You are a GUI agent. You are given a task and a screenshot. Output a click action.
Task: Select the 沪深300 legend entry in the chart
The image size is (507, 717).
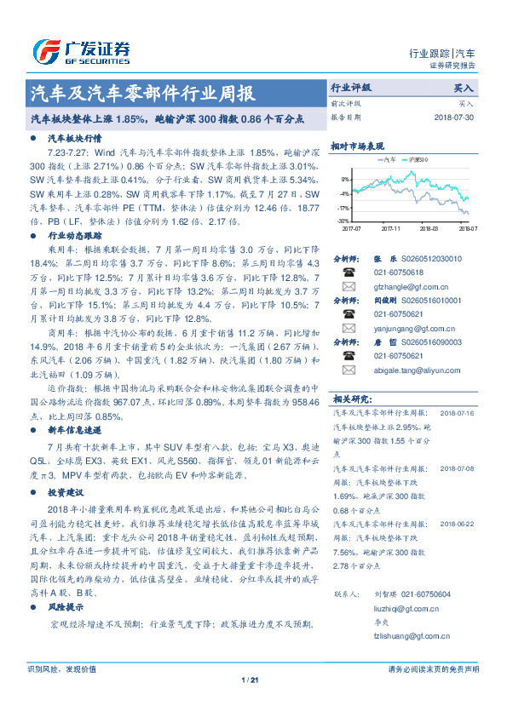418,159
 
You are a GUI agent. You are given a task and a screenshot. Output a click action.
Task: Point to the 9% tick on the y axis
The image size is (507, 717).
345,180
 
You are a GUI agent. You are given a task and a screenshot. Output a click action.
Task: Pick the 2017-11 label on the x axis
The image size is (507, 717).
391,229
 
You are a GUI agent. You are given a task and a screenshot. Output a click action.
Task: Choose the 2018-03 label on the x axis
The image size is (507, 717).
430,229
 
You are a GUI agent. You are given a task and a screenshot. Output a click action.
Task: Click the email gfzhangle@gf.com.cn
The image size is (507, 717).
406,286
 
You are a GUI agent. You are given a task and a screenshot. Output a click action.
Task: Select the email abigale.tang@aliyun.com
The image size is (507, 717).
415,370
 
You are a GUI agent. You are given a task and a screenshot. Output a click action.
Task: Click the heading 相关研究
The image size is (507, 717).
350,398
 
